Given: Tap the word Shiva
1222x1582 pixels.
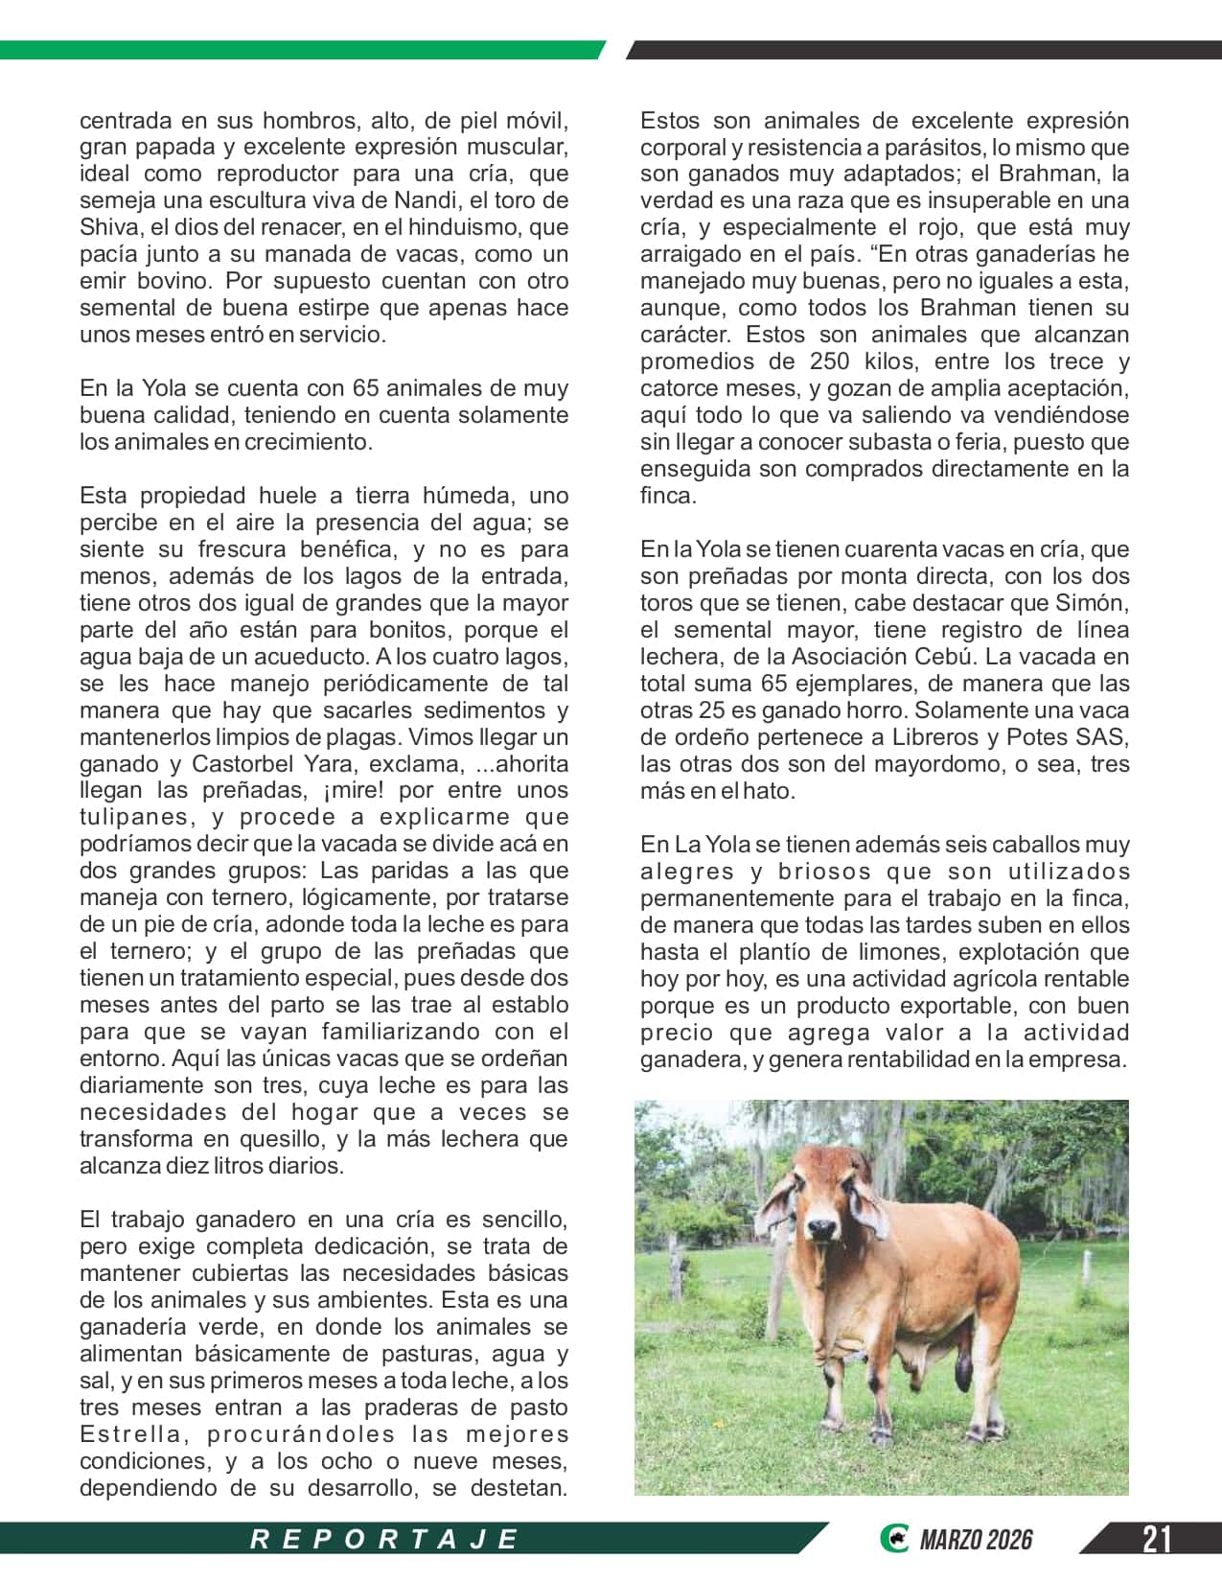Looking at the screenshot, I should [109, 227].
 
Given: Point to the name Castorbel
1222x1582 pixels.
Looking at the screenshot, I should [243, 764].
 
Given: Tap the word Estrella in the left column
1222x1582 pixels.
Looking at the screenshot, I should [129, 1434].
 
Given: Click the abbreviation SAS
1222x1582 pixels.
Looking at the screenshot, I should [1103, 737].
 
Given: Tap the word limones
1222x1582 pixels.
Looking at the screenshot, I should [903, 952].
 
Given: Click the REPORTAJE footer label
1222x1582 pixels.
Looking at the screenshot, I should [384, 1539].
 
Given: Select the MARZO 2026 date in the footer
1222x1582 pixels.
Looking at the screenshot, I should [976, 1540].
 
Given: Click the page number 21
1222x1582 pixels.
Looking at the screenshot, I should [1157, 1539].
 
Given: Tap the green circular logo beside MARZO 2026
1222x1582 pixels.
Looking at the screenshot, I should [893, 1539].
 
